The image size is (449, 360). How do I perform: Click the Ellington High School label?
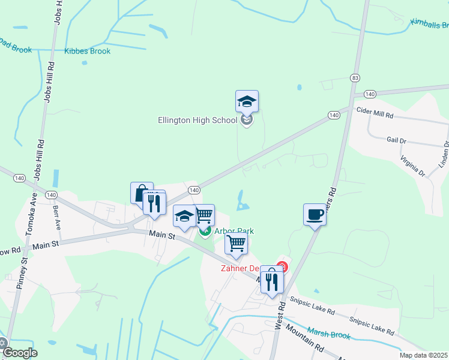coord(197,120)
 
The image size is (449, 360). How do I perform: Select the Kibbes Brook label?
coord(88,52)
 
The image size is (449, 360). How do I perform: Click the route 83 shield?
coord(356,78)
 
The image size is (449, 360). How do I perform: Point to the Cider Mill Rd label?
coord(375,112)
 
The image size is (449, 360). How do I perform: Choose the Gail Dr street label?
coord(396,140)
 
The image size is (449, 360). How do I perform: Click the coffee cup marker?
coord(315,214)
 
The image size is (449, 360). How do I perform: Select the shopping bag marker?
coord(142,193)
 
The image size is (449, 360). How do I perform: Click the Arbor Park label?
coord(234,231)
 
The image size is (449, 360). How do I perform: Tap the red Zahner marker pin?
coord(282,266)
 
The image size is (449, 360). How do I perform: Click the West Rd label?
coord(280,316)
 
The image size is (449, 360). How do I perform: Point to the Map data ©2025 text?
coord(423,355)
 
